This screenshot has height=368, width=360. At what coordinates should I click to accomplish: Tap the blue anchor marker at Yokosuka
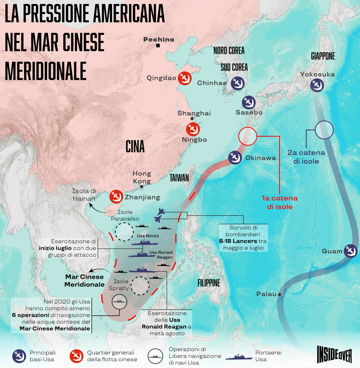pyautogui.click(x=317, y=85)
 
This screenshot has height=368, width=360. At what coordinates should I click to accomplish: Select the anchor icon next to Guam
pyautogui.click(x=350, y=251)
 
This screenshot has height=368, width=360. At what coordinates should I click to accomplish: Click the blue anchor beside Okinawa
pyautogui.click(x=235, y=157)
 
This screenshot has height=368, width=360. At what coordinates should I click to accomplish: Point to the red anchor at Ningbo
pyautogui.click(x=193, y=129)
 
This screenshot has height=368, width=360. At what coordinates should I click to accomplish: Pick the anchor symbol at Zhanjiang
pyautogui.click(x=116, y=196)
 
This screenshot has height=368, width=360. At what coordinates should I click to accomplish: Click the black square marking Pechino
pyautogui.click(x=158, y=46)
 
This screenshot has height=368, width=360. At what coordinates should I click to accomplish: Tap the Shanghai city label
pyautogui.click(x=194, y=113)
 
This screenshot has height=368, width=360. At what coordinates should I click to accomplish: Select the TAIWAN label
pyautogui.click(x=179, y=178)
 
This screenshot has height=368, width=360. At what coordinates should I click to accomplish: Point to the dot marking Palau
pyautogui.click(x=279, y=294)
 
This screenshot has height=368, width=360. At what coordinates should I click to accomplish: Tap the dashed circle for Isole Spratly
pyautogui.click(x=140, y=286)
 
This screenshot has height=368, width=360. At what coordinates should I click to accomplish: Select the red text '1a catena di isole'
pyautogui.click(x=280, y=202)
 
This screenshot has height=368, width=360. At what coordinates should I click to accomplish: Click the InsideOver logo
pyautogui.click(x=334, y=355)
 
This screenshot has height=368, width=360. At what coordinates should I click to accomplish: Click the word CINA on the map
pyautogui.click(x=135, y=147)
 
